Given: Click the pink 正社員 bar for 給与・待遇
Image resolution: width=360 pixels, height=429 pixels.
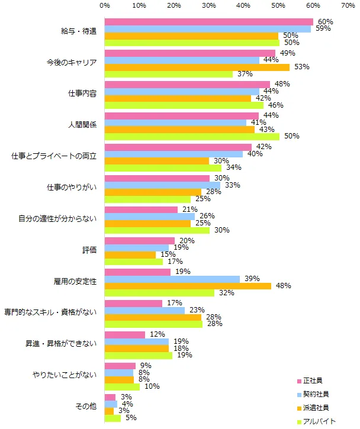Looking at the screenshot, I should (208, 22).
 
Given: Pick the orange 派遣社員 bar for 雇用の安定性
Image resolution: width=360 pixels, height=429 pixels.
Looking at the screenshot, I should (188, 286).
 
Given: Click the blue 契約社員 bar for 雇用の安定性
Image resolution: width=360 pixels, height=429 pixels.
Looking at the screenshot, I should (172, 279).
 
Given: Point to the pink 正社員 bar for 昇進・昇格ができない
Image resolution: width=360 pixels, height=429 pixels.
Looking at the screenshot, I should (125, 334).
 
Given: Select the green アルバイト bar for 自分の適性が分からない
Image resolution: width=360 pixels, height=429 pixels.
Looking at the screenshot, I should (157, 230).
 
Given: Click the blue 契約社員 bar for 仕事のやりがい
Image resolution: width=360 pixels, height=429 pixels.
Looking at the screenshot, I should (162, 185).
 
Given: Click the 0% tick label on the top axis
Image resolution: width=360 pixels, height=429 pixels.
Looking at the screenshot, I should (105, 5).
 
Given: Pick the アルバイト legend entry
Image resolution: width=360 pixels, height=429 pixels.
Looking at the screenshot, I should (316, 421).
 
